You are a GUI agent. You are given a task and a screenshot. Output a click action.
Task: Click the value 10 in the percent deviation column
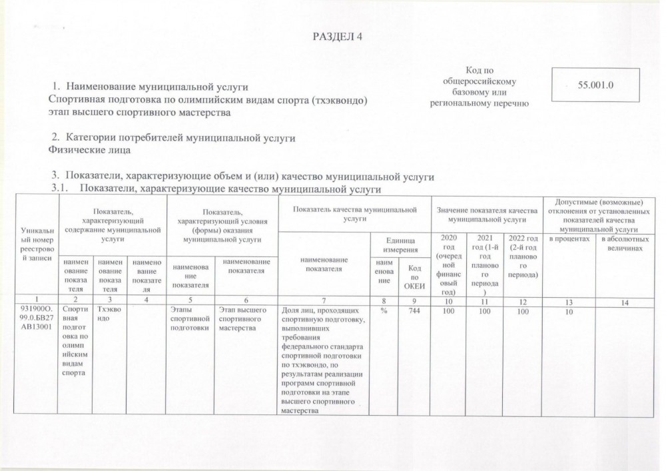569,310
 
